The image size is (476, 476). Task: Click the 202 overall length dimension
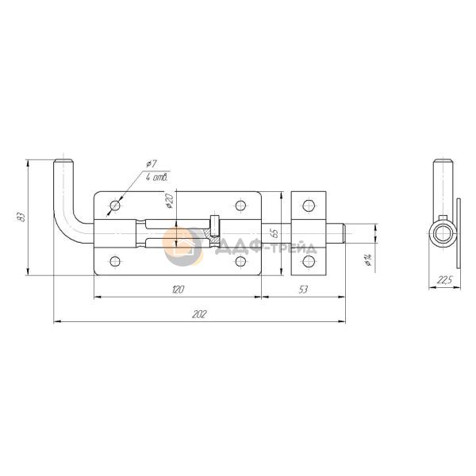[x=199, y=314]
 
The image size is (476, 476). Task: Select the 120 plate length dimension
[x=178, y=290]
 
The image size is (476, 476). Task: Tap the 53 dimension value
[x=303, y=290]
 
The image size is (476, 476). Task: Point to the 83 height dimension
[x=21, y=217]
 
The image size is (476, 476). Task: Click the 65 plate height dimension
[x=274, y=232]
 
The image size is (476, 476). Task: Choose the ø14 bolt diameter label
[x=368, y=260]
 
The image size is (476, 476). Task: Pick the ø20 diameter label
[x=169, y=201]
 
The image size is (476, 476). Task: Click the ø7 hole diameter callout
[x=151, y=164]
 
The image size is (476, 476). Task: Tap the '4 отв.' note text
[x=156, y=178]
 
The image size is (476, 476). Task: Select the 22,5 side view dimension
[x=444, y=280]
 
